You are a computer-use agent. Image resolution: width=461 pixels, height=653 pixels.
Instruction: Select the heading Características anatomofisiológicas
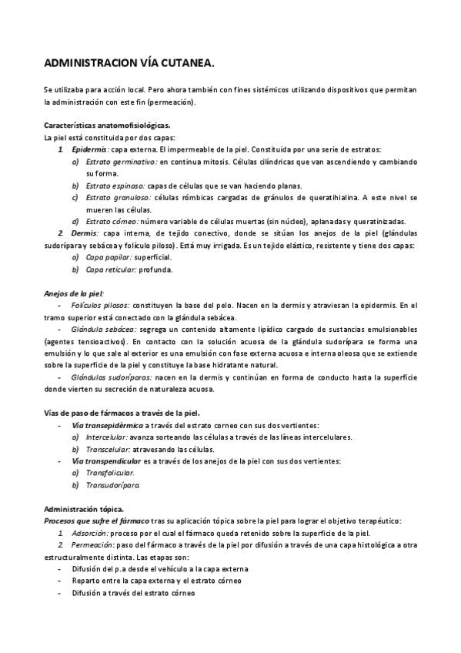pos(107,125)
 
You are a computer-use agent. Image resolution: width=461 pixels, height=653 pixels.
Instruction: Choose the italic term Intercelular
pos(107,437)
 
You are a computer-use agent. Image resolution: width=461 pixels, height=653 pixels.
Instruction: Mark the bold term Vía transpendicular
pos(106,460)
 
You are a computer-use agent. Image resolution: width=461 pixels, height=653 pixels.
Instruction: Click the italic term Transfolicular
pos(110,473)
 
